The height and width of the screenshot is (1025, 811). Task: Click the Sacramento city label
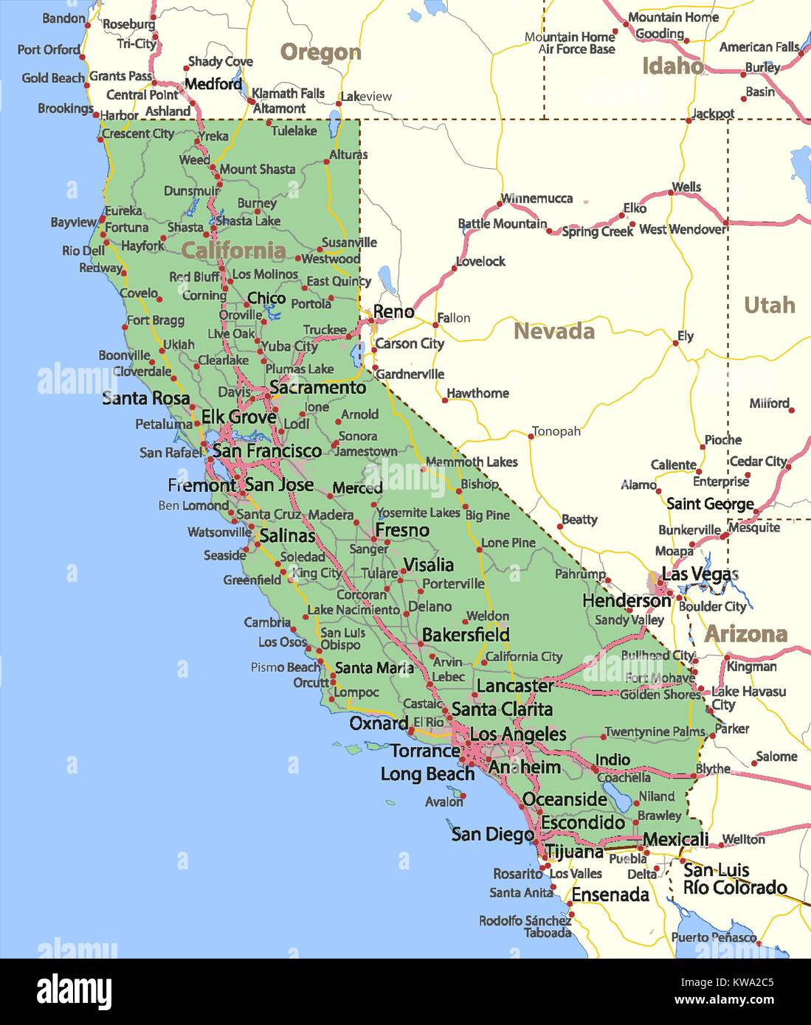[x=317, y=387]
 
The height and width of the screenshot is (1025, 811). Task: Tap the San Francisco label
[x=267, y=451]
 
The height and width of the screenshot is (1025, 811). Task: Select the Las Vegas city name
[x=700, y=574]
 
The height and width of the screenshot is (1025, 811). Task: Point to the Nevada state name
[x=553, y=331]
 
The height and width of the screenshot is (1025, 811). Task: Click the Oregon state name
[x=320, y=52]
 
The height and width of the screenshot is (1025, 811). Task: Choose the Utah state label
[x=769, y=305]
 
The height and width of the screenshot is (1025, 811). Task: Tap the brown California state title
[x=233, y=251]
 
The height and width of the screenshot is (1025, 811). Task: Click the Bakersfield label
[x=466, y=634]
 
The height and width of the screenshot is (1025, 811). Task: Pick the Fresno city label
[x=402, y=530]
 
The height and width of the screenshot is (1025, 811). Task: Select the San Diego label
[x=492, y=834]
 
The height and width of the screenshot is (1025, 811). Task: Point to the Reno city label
[x=393, y=311]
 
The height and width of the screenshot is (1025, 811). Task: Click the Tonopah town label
[x=556, y=431]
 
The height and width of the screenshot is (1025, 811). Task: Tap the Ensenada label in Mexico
[x=610, y=894]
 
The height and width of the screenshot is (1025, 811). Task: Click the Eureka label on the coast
[x=123, y=211]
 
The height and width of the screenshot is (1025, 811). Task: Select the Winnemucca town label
[x=536, y=198]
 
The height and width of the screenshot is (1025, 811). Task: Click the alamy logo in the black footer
[x=74, y=991]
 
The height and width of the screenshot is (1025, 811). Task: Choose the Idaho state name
[x=672, y=66]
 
